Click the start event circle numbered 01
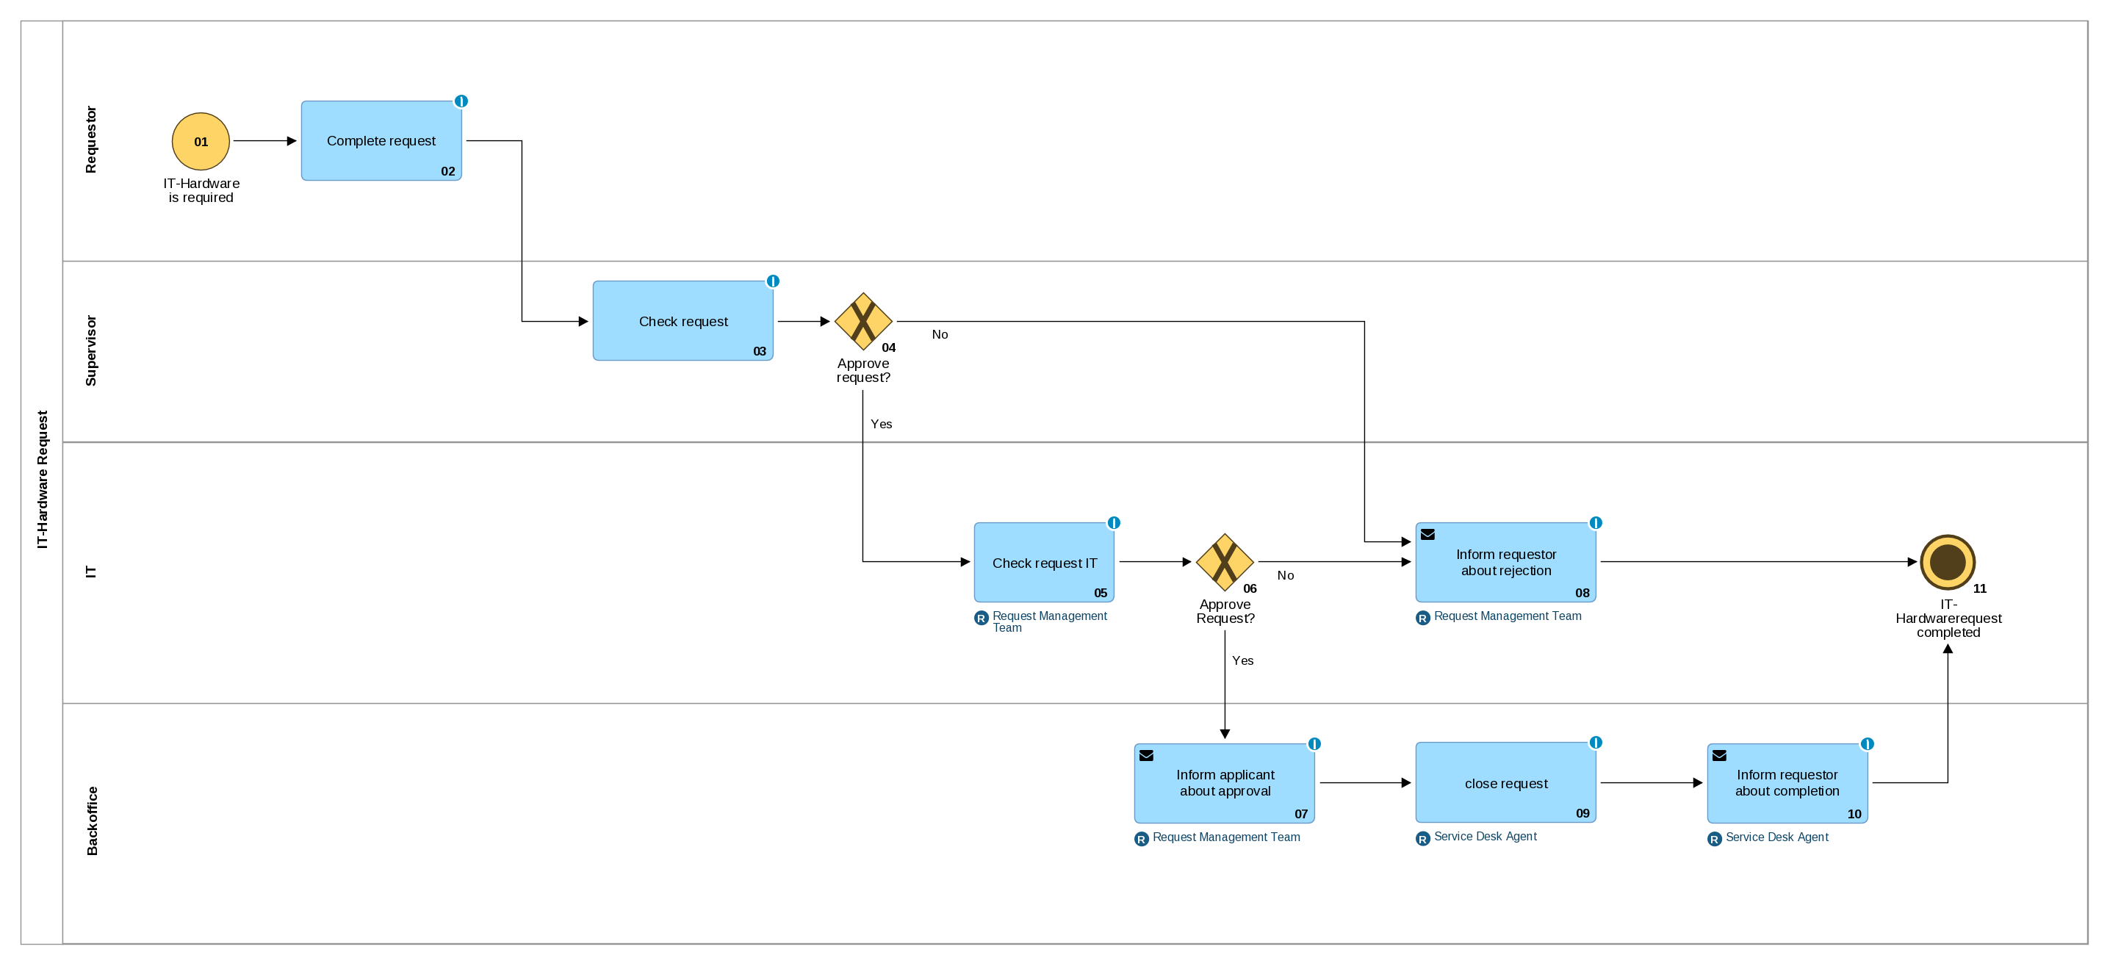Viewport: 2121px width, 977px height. tap(200, 141)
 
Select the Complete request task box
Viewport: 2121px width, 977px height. tap(381, 141)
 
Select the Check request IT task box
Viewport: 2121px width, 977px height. tap(1043, 562)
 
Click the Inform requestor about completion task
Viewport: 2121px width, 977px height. tap(1786, 783)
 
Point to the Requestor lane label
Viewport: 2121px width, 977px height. tap(90, 139)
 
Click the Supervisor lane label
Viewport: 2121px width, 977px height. tap(90, 350)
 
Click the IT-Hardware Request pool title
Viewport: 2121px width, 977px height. tap(42, 479)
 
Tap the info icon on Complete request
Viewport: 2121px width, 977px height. tap(461, 101)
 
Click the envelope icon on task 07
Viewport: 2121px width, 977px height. tap(1145, 756)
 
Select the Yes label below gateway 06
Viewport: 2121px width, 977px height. tap(1242, 660)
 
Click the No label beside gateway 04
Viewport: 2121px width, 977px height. tap(939, 334)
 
